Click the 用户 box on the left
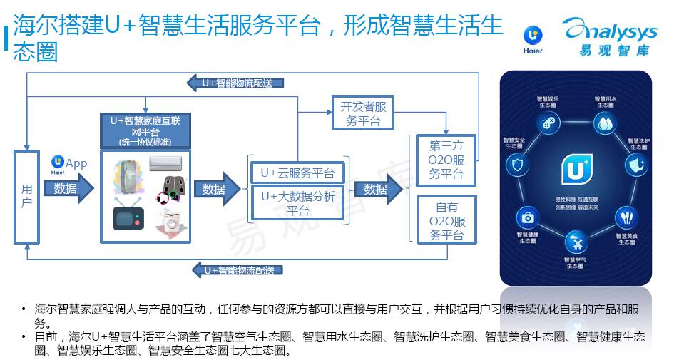pos(26,196)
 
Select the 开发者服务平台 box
pos(363,113)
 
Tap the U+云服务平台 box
pos(297,173)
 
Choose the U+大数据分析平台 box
pos(297,203)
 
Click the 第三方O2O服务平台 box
pos(446,159)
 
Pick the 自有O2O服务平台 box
pos(446,221)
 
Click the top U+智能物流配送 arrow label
pos(236,83)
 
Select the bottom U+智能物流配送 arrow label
pos(236,270)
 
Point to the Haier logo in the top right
pos(532,40)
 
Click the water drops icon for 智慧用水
pos(605,123)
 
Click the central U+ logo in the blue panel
pos(575,169)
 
